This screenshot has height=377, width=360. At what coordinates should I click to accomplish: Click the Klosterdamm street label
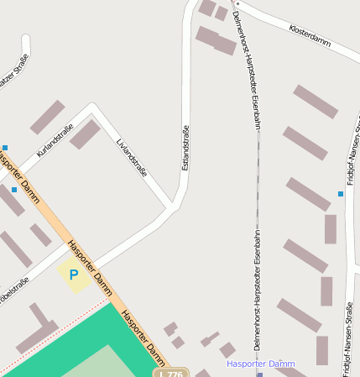click(309, 36)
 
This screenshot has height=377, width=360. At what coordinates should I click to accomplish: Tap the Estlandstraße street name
click(185, 147)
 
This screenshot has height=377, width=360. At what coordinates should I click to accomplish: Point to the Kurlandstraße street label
click(55, 139)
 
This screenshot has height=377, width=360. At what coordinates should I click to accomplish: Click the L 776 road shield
click(170, 373)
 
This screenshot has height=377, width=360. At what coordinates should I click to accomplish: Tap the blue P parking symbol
click(74, 274)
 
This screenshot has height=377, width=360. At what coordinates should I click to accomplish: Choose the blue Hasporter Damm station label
click(260, 364)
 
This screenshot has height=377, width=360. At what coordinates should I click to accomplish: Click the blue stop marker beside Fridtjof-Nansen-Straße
click(340, 194)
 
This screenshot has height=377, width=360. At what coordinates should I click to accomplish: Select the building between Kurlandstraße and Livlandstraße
click(85, 134)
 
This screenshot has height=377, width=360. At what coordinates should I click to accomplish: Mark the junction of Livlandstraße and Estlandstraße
click(173, 204)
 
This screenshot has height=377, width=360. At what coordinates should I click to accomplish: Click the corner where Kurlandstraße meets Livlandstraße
click(92, 107)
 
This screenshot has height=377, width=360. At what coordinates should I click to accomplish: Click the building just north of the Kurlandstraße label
click(47, 117)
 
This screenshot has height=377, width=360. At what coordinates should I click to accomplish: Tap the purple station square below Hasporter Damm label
click(260, 374)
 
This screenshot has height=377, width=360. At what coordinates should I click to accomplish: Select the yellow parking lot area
click(74, 275)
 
